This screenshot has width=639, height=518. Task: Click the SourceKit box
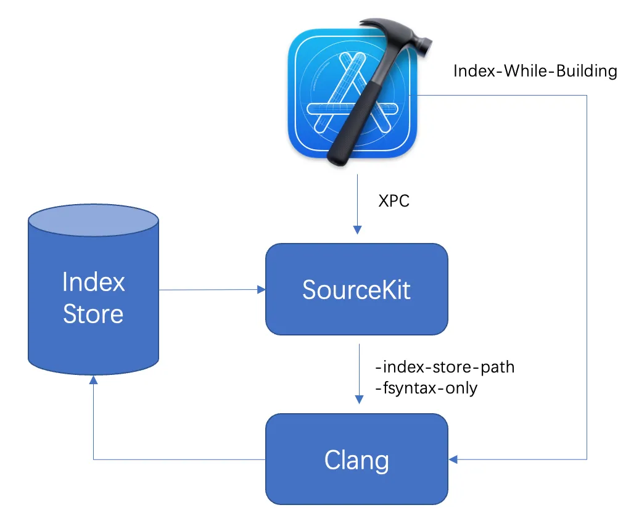(x=357, y=308)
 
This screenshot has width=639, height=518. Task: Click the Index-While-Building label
(x=535, y=71)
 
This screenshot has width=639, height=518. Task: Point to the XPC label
(x=394, y=201)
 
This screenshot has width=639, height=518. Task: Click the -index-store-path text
(x=444, y=368)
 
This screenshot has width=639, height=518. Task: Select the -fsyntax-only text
(x=426, y=388)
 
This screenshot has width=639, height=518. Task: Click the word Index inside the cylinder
(x=93, y=282)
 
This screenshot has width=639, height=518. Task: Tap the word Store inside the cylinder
(x=93, y=314)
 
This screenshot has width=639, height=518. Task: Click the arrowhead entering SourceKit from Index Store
(x=260, y=289)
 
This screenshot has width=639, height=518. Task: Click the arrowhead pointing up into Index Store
(x=93, y=382)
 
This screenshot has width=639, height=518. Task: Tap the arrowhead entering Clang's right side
(x=453, y=459)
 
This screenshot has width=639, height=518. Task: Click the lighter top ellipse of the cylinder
(x=93, y=221)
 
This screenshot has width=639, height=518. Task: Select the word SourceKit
(x=357, y=289)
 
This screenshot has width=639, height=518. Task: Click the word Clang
(x=357, y=460)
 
